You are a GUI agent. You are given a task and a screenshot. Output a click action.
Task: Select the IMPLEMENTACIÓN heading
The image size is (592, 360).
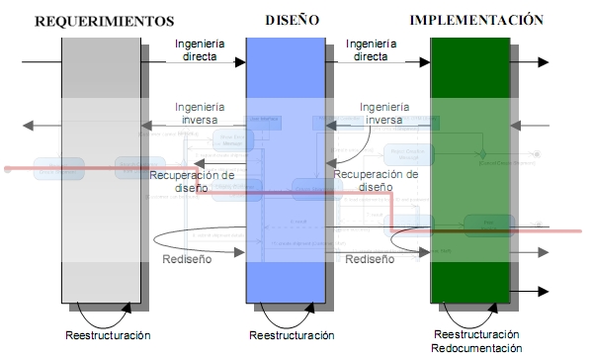(477, 19)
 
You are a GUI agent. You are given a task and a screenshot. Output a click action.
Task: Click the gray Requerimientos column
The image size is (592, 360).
(100, 168)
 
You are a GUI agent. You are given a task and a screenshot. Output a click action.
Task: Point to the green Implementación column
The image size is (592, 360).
(470, 168)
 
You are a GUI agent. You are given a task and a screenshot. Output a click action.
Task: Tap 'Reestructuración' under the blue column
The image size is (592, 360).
(291, 336)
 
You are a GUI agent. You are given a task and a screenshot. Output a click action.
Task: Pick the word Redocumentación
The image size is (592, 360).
(477, 348)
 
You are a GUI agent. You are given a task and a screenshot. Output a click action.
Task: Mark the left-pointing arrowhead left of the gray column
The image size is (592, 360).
(28, 126)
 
